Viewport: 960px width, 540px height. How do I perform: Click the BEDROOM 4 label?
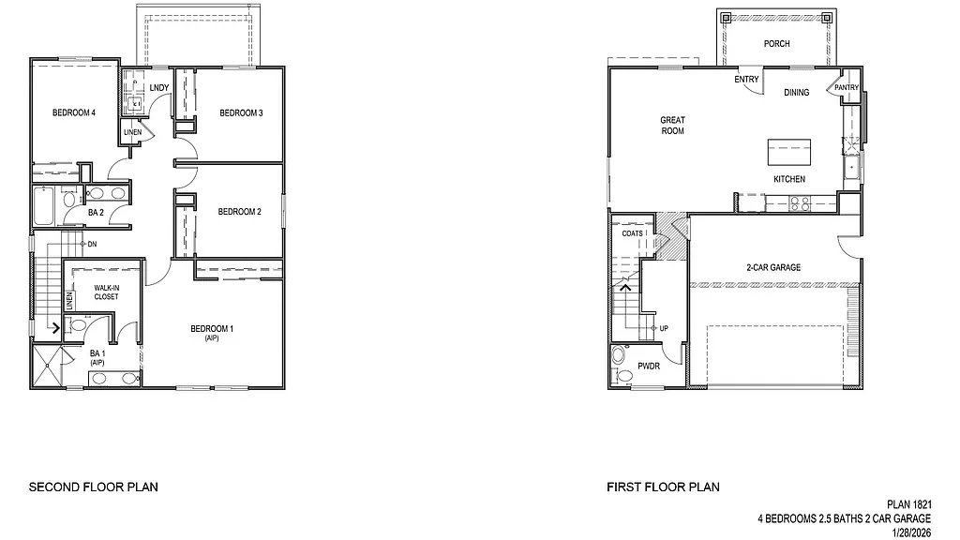(x=74, y=113)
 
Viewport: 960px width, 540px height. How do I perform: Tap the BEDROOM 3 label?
(x=241, y=113)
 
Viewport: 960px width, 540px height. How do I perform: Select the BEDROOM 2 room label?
(x=239, y=212)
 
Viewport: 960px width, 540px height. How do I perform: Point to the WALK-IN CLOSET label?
(x=106, y=292)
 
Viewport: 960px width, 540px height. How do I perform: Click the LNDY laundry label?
(x=159, y=89)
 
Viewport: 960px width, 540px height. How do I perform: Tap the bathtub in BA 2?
(x=44, y=203)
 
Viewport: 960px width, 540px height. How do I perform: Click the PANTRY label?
(x=847, y=88)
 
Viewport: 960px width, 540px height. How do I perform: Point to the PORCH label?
(x=776, y=44)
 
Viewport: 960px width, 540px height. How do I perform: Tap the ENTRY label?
(x=746, y=80)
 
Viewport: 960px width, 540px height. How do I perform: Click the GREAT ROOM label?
(x=672, y=125)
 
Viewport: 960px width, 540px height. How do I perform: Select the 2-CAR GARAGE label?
(x=773, y=267)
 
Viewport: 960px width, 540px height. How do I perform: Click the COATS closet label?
(x=633, y=233)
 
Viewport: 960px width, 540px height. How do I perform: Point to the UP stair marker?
(x=664, y=328)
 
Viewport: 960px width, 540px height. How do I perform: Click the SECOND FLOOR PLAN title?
(x=93, y=487)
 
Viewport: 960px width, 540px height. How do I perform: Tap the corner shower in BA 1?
(x=49, y=367)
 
